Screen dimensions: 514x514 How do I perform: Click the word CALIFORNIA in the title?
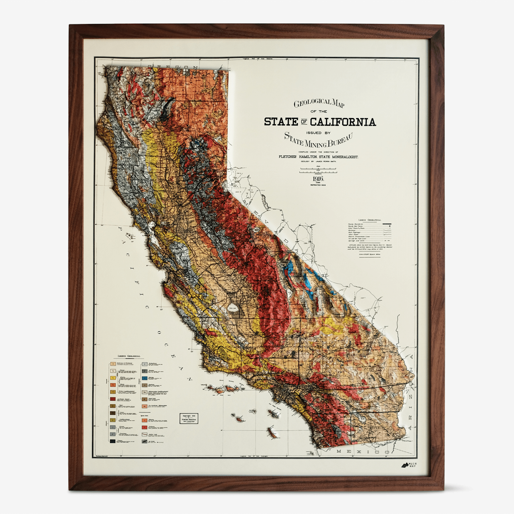pos(343,122)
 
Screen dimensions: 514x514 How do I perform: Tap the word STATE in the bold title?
pos(281,122)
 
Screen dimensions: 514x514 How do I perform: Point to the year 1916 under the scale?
pos(318,179)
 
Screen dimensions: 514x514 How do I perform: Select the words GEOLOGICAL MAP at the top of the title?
pos(319,104)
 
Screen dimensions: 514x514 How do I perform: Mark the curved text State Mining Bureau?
pos(318,140)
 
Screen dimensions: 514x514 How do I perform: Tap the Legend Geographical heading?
pos(370,220)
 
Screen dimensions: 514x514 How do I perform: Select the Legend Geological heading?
pos(128,356)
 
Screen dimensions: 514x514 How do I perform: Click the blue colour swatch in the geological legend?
pos(145,378)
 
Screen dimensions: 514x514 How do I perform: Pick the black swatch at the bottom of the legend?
pos(113,441)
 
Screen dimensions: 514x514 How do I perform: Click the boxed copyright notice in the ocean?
pos(189,418)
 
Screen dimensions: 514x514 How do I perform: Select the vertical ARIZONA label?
pos(412,394)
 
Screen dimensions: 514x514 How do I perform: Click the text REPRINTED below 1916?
pos(318,185)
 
